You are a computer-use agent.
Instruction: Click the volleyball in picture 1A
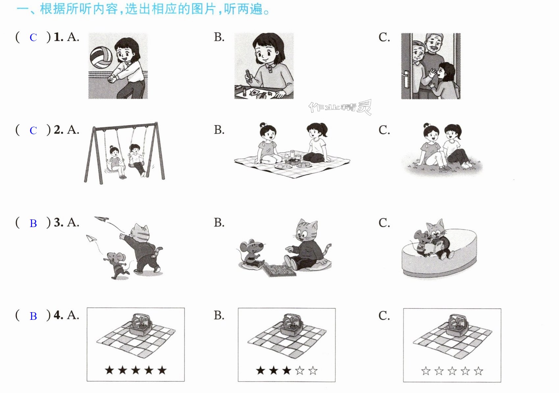(101, 58)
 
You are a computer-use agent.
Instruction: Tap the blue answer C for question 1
(33, 38)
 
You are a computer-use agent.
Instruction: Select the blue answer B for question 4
(33, 316)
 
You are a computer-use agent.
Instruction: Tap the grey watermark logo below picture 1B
(340, 107)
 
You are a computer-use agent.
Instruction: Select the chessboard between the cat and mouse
(279, 270)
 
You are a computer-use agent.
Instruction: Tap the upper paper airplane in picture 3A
(102, 219)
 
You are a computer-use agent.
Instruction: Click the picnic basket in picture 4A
(141, 324)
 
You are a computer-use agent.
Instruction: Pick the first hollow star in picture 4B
(300, 371)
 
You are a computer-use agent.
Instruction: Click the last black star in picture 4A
(162, 370)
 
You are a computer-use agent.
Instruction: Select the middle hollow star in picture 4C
(452, 371)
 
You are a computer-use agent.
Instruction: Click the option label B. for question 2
(219, 130)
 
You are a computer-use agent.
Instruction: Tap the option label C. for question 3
(384, 223)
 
